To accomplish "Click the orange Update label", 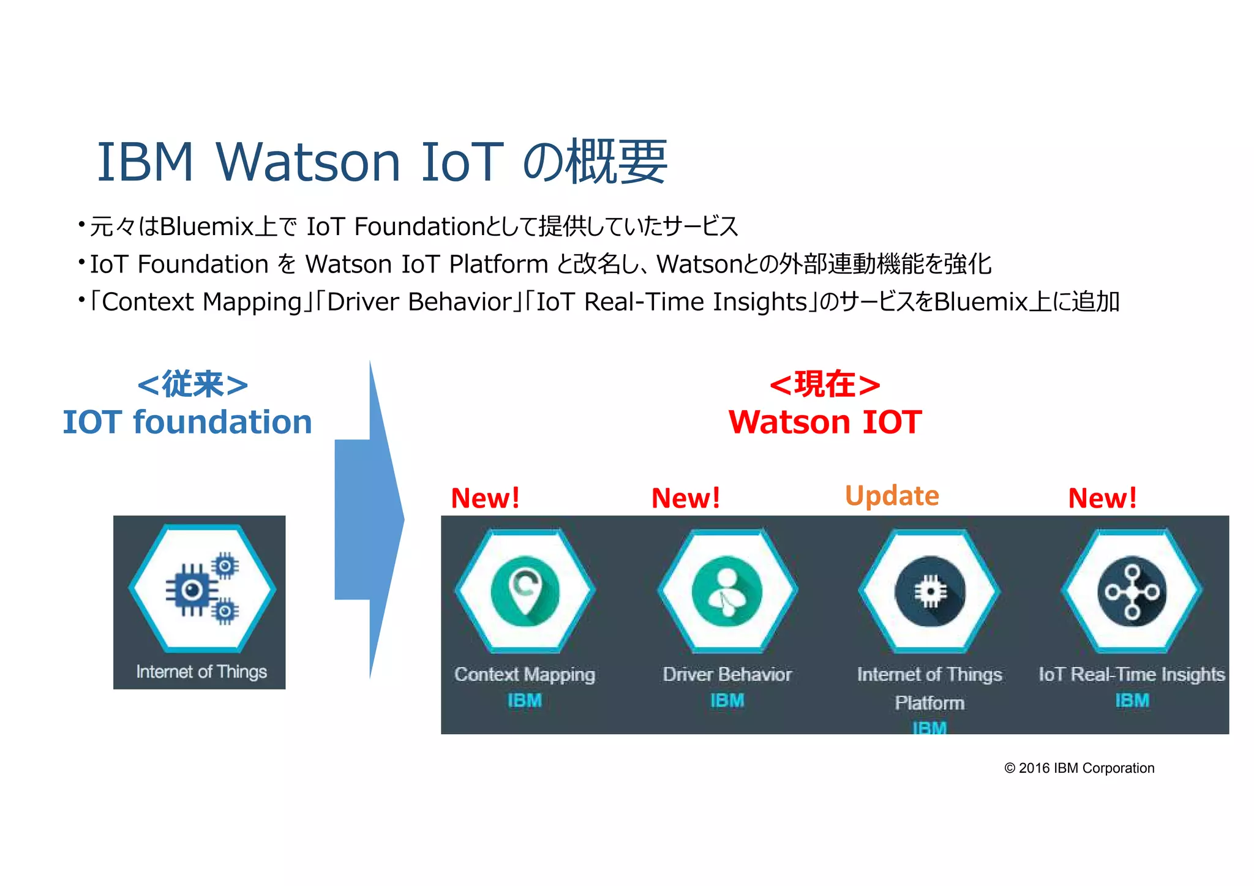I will click(892, 495).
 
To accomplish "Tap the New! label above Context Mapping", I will click(485, 498).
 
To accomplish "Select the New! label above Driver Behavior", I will click(686, 498).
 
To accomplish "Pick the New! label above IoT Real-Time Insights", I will click(1102, 498).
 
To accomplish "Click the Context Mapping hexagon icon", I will click(525, 591).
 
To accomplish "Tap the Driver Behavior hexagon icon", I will click(727, 591).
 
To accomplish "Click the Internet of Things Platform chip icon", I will click(929, 591).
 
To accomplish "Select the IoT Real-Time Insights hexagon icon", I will click(1132, 591).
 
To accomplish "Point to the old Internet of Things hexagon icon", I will click(201, 588).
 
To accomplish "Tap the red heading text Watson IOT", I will click(825, 422).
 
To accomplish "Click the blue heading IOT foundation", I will click(187, 422).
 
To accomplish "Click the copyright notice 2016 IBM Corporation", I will click(1079, 768).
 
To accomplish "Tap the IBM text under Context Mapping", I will click(524, 700).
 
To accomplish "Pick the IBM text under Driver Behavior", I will click(727, 700).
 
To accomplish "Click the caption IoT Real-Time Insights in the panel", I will click(1132, 674).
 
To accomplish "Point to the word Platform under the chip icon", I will click(929, 702).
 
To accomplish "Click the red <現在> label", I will click(825, 385).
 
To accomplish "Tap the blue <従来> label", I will click(192, 385).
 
